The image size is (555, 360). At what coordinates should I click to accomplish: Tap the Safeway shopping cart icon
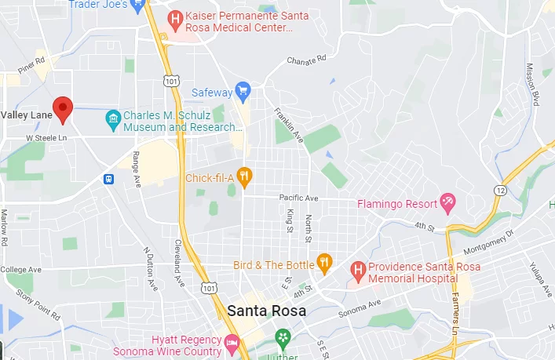pyautogui.click(x=243, y=92)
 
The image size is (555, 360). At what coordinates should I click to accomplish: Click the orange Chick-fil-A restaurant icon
pyautogui.click(x=244, y=177)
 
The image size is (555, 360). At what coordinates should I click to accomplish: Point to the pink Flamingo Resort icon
pyautogui.click(x=447, y=204)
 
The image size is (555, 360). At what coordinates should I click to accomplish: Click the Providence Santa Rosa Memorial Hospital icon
pyautogui.click(x=358, y=271)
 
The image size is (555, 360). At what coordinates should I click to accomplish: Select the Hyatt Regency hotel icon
pyautogui.click(x=232, y=344)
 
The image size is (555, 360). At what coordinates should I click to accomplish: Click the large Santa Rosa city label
pyautogui.click(x=258, y=311)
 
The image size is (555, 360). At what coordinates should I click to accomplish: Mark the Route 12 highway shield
pyautogui.click(x=501, y=190)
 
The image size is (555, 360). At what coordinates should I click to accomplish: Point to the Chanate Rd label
pyautogui.click(x=307, y=60)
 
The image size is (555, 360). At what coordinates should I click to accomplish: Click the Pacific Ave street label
pyautogui.click(x=299, y=198)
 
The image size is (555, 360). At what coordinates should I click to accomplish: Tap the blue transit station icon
pyautogui.click(x=108, y=179)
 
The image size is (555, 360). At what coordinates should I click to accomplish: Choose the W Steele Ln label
pyautogui.click(x=46, y=137)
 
